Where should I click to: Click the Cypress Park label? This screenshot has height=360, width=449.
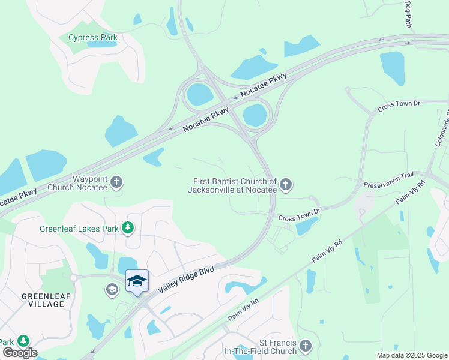pos(92,37)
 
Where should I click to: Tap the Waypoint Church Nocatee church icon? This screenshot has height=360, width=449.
pos(116,183)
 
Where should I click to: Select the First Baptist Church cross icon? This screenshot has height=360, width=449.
pos(286,185)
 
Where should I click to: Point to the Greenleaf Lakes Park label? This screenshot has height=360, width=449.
pos(79,229)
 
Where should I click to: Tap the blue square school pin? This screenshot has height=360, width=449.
pos(137,281)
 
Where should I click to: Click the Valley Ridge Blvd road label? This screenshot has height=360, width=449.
pos(187,279)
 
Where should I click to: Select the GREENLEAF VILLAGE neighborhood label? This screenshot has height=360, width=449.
pos(43,300)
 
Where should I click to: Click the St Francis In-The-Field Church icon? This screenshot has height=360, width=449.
pos(306,346)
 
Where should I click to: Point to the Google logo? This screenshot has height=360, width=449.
pos(20,353)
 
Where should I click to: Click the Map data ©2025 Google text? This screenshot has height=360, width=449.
pos(412,355)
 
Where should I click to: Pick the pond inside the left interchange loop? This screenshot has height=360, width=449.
pos(199,95)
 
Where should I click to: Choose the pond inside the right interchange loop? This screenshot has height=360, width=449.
pos(255,115)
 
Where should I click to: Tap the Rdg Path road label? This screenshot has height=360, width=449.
pos(408,14)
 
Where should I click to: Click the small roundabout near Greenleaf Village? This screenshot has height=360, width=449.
pos(74,278)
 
